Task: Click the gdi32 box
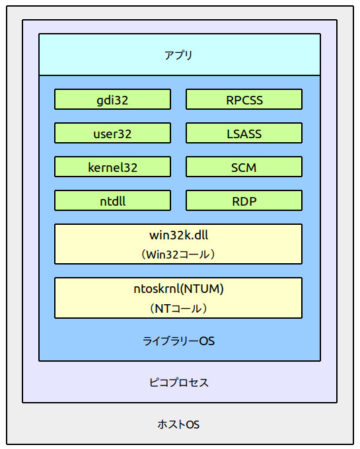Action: point(112,100)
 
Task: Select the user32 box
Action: point(112,134)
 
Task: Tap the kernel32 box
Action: point(112,167)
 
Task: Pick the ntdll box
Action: point(112,201)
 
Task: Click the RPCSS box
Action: point(244,100)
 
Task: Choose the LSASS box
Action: point(244,134)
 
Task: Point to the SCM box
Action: point(244,167)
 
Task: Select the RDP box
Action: point(244,201)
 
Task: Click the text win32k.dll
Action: point(178,235)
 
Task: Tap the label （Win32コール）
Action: point(178,254)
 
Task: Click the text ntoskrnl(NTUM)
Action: point(178,288)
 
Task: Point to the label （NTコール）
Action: point(178,308)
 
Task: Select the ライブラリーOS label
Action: point(178,342)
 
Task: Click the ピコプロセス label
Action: point(178,383)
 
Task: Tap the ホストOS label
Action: point(178,425)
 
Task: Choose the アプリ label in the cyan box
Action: point(178,55)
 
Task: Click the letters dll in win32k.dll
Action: point(199,235)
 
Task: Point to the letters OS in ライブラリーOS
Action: point(207,342)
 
